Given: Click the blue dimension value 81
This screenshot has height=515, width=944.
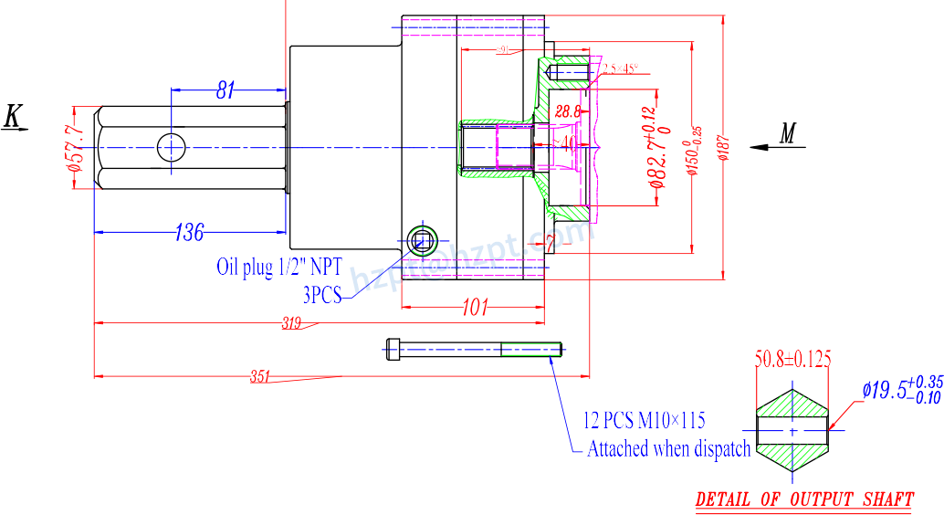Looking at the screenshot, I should [226, 89].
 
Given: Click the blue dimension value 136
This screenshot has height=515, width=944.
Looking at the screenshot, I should [189, 232].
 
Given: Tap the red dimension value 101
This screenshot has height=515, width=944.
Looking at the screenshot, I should [474, 308].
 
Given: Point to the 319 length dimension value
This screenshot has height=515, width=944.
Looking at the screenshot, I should [291, 322].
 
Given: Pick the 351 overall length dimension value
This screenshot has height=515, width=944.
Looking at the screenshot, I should [262, 375].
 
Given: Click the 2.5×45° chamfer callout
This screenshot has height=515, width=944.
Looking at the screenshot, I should [620, 68].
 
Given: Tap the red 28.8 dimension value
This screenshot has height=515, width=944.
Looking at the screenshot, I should [568, 111].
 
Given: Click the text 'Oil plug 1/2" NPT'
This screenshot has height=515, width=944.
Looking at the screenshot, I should [279, 267].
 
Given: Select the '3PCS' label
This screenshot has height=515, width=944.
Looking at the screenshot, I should [321, 294].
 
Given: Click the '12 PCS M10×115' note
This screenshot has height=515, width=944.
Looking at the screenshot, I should [645, 421].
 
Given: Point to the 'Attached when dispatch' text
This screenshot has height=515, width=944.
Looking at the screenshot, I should [668, 448].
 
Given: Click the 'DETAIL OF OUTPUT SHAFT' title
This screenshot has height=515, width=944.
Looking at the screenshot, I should [804, 499].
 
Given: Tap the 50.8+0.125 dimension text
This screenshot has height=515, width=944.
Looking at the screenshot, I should [792, 359].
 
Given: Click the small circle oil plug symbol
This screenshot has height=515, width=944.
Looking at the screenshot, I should [423, 239].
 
